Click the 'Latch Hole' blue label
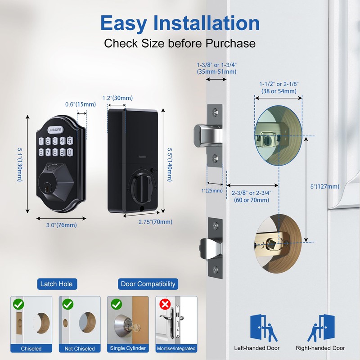(x=56, y=284)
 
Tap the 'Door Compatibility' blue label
(x=148, y=284)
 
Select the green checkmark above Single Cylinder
(x=116, y=305)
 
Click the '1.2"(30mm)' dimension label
(x=117, y=98)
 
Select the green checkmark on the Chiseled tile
(x=18, y=305)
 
